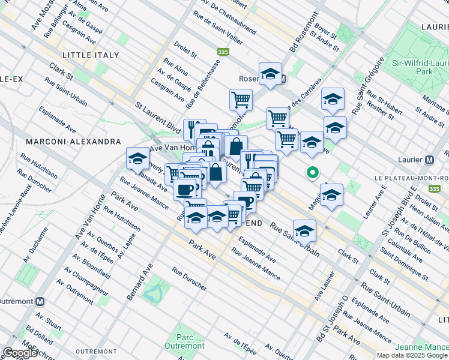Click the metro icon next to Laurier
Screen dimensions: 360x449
(429, 160)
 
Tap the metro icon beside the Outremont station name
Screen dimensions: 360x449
(40, 301)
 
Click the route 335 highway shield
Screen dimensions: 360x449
(223, 52)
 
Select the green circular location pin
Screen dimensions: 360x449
(312, 173)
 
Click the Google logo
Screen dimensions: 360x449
(20, 353)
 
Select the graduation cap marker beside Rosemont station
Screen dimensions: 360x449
(271, 74)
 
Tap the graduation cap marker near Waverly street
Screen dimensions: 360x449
(137, 160)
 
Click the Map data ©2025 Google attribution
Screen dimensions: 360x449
(412, 355)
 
